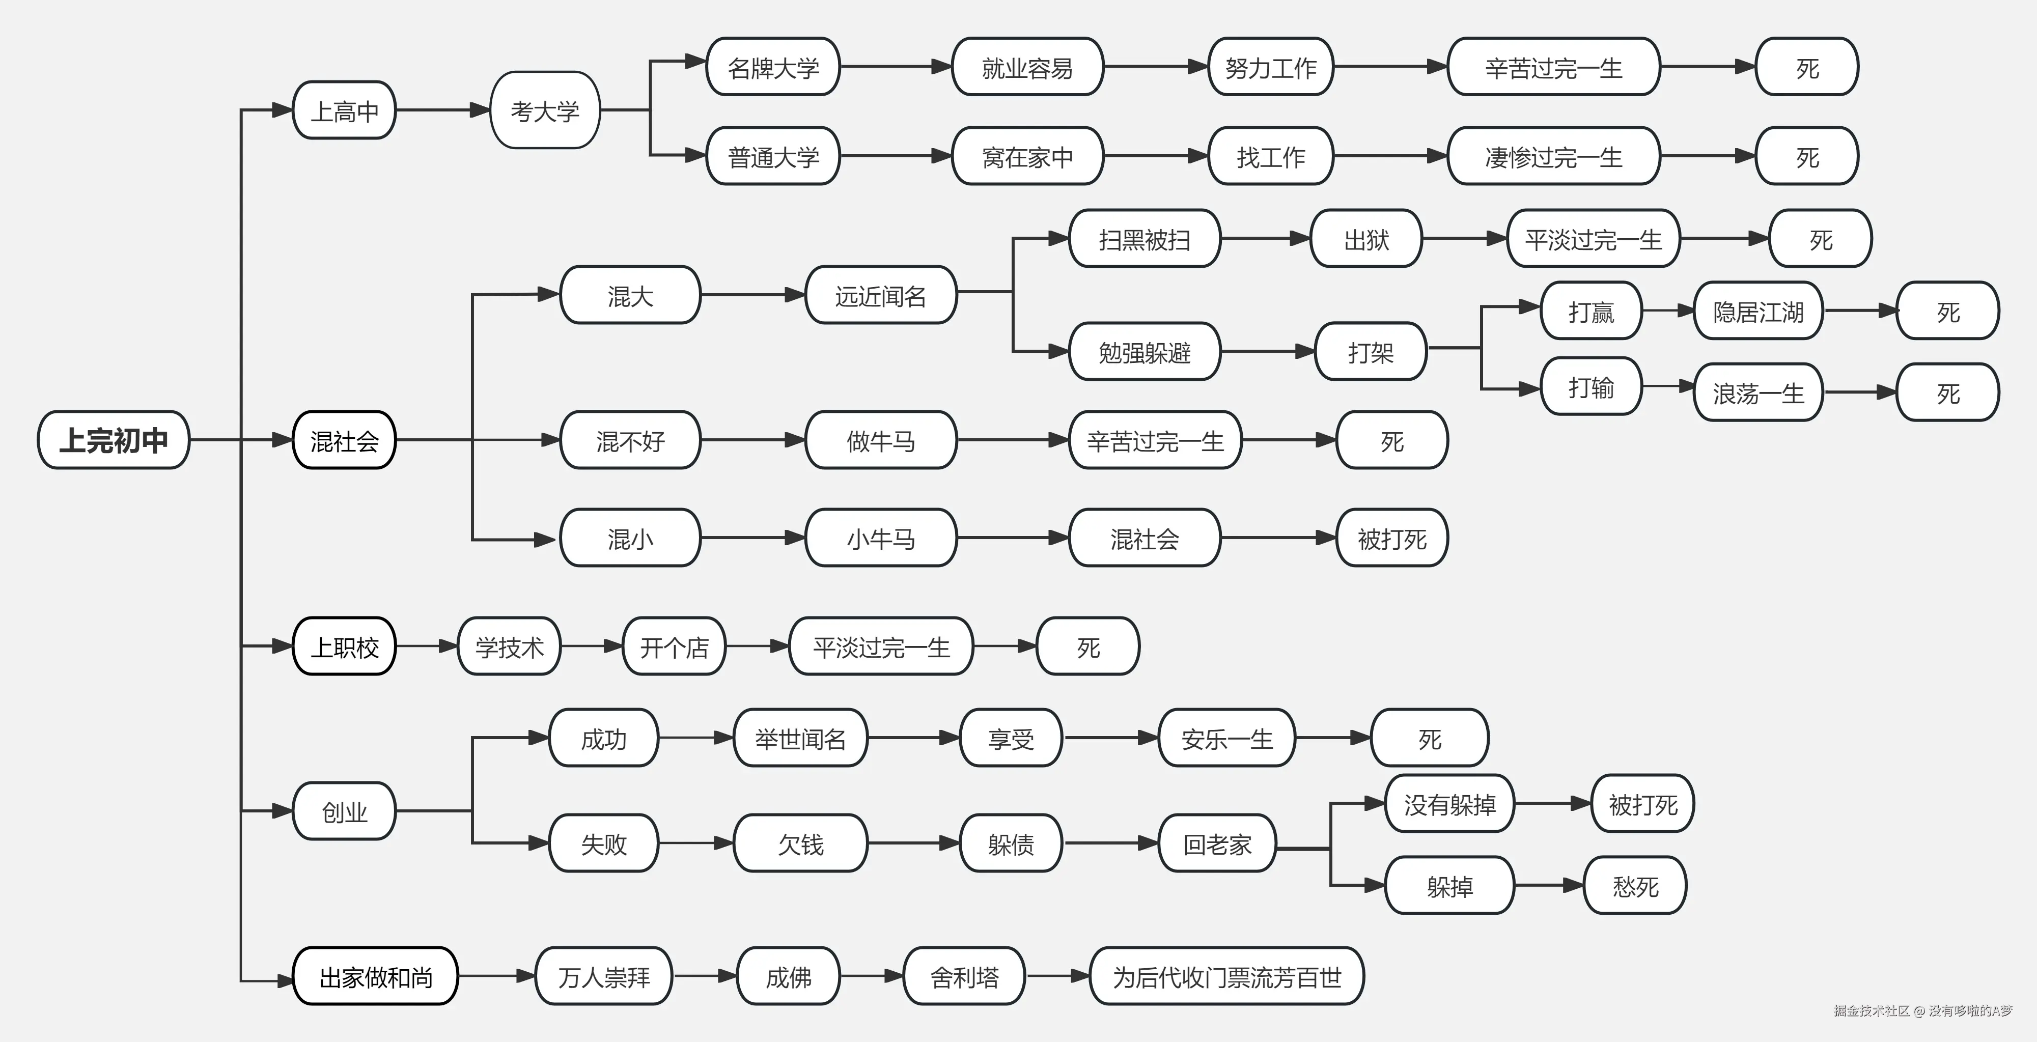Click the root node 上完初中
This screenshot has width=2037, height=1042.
pos(113,440)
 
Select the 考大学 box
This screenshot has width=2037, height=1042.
pos(545,110)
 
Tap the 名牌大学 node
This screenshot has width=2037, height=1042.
pos(772,67)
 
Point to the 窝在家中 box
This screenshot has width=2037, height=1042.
pos(1027,157)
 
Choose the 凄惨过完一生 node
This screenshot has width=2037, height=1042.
pos(1553,157)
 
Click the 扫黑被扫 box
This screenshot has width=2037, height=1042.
pos(1143,239)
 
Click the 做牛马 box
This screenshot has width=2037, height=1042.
pos(880,440)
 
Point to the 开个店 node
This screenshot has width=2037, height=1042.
pos(674,646)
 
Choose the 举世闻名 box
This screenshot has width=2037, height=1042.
pos(800,739)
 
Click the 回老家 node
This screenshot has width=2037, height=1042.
pos(1217,843)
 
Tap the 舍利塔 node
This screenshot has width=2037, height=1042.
pos(964,976)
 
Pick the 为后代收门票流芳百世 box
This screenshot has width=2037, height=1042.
pos(1226,976)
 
